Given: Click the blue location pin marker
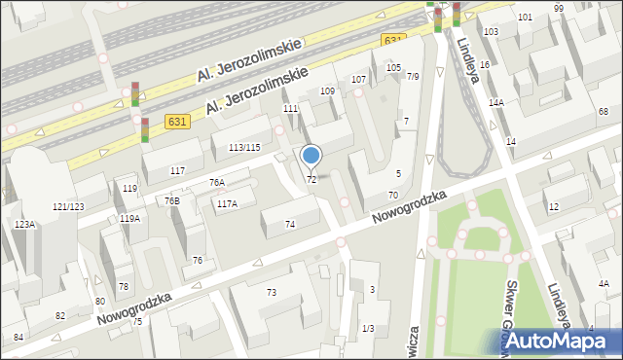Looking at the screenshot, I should click(x=311, y=156).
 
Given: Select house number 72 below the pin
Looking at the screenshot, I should click(x=311, y=180).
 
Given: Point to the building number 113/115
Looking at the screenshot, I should click(x=243, y=147).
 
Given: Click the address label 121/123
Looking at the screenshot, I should click(x=68, y=207).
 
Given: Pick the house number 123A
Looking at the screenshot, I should click(x=24, y=225).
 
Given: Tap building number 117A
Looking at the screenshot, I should click(x=227, y=203).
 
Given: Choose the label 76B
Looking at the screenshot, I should click(x=171, y=201).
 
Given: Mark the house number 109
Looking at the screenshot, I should click(x=327, y=90).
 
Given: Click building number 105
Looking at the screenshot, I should click(x=393, y=67).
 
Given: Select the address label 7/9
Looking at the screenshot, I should click(x=413, y=77).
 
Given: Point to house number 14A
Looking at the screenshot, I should click(x=495, y=102).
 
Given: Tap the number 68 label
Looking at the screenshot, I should click(x=604, y=113).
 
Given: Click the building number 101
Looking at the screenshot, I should click(x=525, y=18).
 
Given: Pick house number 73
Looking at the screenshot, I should click(x=272, y=292).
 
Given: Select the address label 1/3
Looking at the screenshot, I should click(x=367, y=329).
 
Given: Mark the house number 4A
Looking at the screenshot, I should click(x=604, y=284).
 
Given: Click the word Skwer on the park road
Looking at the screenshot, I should click(x=511, y=300).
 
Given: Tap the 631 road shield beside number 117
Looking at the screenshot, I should click(x=176, y=122).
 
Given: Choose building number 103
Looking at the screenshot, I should click(x=491, y=32).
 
